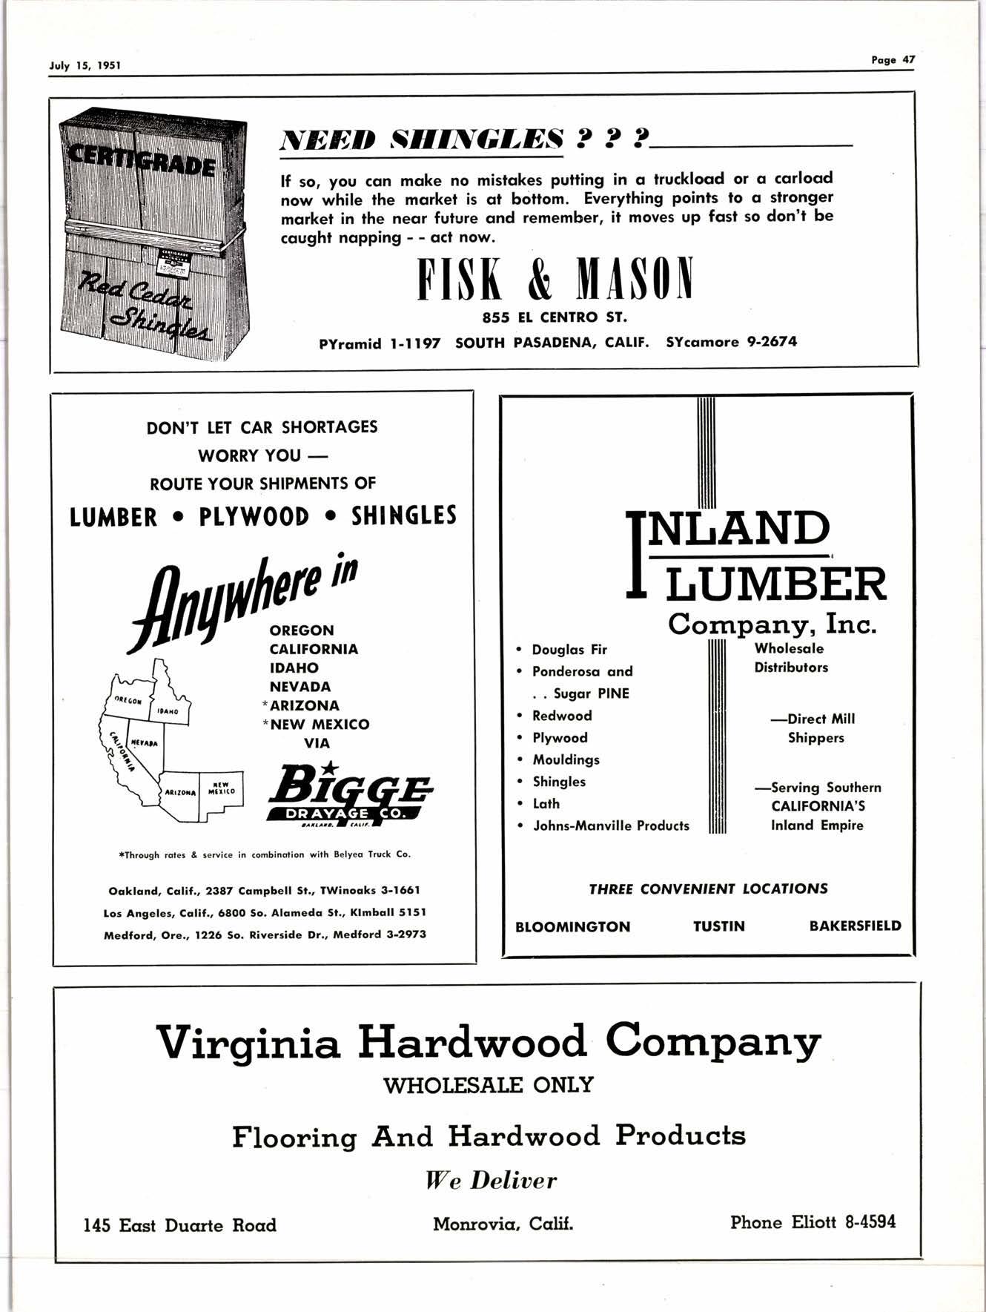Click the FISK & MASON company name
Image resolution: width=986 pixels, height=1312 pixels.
pos(555,280)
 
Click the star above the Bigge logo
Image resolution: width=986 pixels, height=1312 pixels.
pos(331,764)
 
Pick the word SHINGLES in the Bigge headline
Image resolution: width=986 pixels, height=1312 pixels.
pos(404,515)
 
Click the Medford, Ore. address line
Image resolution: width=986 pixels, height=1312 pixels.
pos(265,934)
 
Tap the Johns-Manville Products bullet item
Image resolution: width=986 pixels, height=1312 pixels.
pos(610,825)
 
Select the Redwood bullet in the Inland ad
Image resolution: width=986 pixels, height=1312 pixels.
pos(561,716)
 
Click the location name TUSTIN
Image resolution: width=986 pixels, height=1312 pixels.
pos(718,926)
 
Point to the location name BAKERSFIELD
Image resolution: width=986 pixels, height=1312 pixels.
pos(855,926)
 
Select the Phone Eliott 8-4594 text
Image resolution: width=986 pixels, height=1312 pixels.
pos(813,1222)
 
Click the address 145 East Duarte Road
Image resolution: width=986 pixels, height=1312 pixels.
pos(179,1225)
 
